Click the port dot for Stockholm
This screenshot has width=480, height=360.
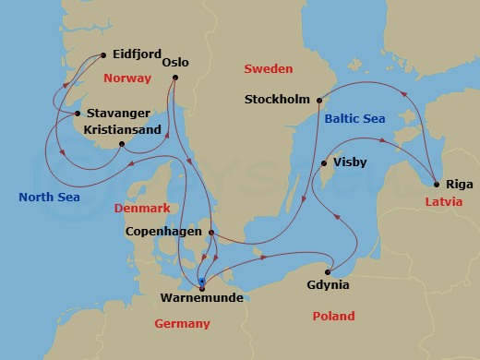point(319,100)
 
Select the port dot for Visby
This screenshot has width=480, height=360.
point(323,164)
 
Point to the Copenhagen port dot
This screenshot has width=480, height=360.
point(211,233)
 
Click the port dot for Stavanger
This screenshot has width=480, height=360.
point(77,114)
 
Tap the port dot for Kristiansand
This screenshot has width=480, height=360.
point(122,144)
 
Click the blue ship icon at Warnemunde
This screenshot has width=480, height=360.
point(202,282)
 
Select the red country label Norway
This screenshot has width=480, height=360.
point(127,78)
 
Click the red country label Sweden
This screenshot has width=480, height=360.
point(268,69)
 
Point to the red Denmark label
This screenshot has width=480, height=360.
point(142,209)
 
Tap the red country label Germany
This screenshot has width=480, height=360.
point(184,324)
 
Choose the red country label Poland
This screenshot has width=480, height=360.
point(333,317)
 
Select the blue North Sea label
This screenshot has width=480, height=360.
point(49,197)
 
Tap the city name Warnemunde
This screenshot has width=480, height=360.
point(200,299)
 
